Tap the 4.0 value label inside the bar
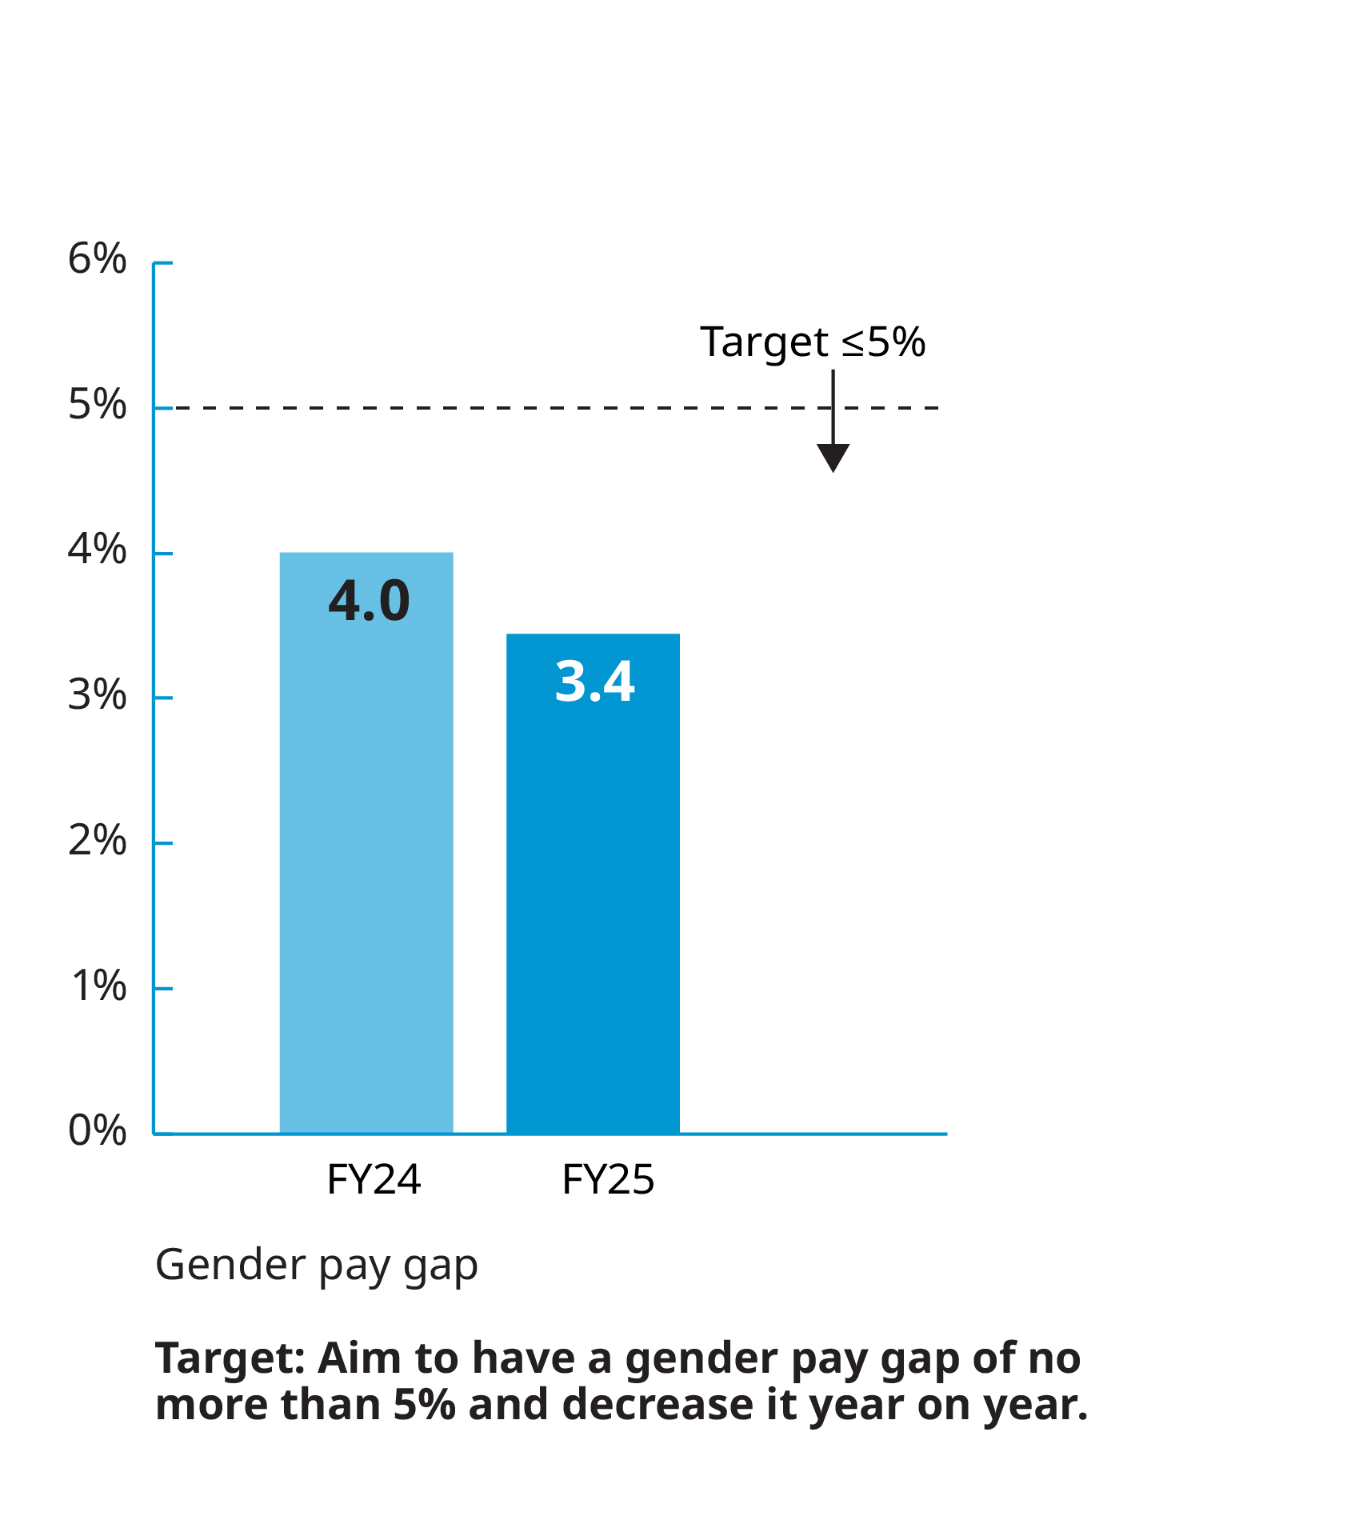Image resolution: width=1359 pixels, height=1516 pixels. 369,602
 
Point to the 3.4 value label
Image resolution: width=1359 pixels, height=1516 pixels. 594,682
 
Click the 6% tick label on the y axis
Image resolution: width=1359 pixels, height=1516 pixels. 97,259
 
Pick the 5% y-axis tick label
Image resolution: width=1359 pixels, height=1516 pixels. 97,405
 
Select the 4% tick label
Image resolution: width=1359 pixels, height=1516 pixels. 97,550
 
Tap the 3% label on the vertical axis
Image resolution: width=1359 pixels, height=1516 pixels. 97,695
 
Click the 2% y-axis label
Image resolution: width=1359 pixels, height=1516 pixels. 97,841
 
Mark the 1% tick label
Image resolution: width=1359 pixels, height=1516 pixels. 98,986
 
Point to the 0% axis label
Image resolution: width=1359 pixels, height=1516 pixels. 97,1131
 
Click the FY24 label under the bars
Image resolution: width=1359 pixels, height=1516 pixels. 374,1180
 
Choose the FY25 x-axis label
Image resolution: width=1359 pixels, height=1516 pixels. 608,1180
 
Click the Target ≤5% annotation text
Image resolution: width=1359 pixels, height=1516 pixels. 812,342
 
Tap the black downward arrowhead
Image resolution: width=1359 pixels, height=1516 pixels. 833,458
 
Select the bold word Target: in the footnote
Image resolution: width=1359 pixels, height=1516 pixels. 230,1359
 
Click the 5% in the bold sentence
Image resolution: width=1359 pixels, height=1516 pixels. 424,1406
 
